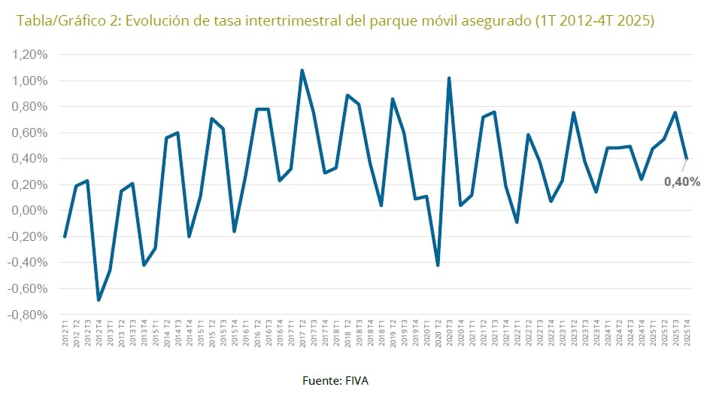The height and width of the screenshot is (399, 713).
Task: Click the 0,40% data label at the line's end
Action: point(682,181)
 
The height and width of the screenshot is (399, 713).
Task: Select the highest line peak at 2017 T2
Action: point(302,71)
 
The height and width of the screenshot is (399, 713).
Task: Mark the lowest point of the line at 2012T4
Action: point(99,300)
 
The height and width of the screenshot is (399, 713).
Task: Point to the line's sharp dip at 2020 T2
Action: point(437,265)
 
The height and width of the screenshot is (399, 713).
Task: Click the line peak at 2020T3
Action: point(449,78)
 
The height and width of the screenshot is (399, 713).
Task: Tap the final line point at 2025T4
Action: point(686,159)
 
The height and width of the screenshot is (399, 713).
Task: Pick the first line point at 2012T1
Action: point(65,236)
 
